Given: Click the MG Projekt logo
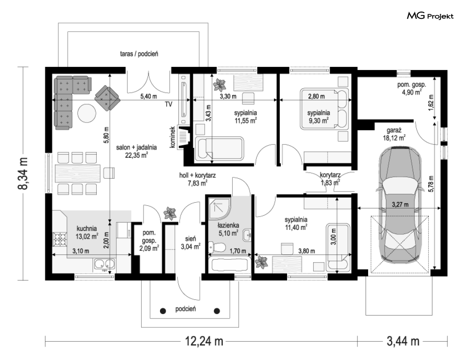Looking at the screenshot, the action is pyautogui.click(x=430, y=16).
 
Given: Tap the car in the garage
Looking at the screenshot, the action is pyautogui.click(x=400, y=205).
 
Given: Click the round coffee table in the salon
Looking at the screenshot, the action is pyautogui.click(x=87, y=113).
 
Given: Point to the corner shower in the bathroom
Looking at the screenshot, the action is pyautogui.click(x=219, y=208).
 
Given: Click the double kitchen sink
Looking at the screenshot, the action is pyautogui.click(x=104, y=264).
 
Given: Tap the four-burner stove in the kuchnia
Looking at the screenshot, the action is pyautogui.click(x=60, y=239).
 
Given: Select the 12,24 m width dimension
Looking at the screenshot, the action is pyautogui.click(x=204, y=341).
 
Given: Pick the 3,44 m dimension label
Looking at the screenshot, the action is pyautogui.click(x=403, y=341).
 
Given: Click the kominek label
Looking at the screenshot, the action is pyautogui.click(x=172, y=137).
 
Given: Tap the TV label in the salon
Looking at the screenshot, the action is pyautogui.click(x=168, y=104).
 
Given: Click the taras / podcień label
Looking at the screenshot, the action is pyautogui.click(x=139, y=54).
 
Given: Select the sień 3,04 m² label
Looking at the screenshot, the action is pyautogui.click(x=190, y=242).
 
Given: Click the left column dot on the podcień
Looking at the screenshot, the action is pyautogui.click(x=163, y=311).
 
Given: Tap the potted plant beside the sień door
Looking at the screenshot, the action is pyautogui.click(x=170, y=214).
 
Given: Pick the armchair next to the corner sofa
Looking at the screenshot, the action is pyautogui.click(x=107, y=98).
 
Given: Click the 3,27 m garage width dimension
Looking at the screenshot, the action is pyautogui.click(x=400, y=205).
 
